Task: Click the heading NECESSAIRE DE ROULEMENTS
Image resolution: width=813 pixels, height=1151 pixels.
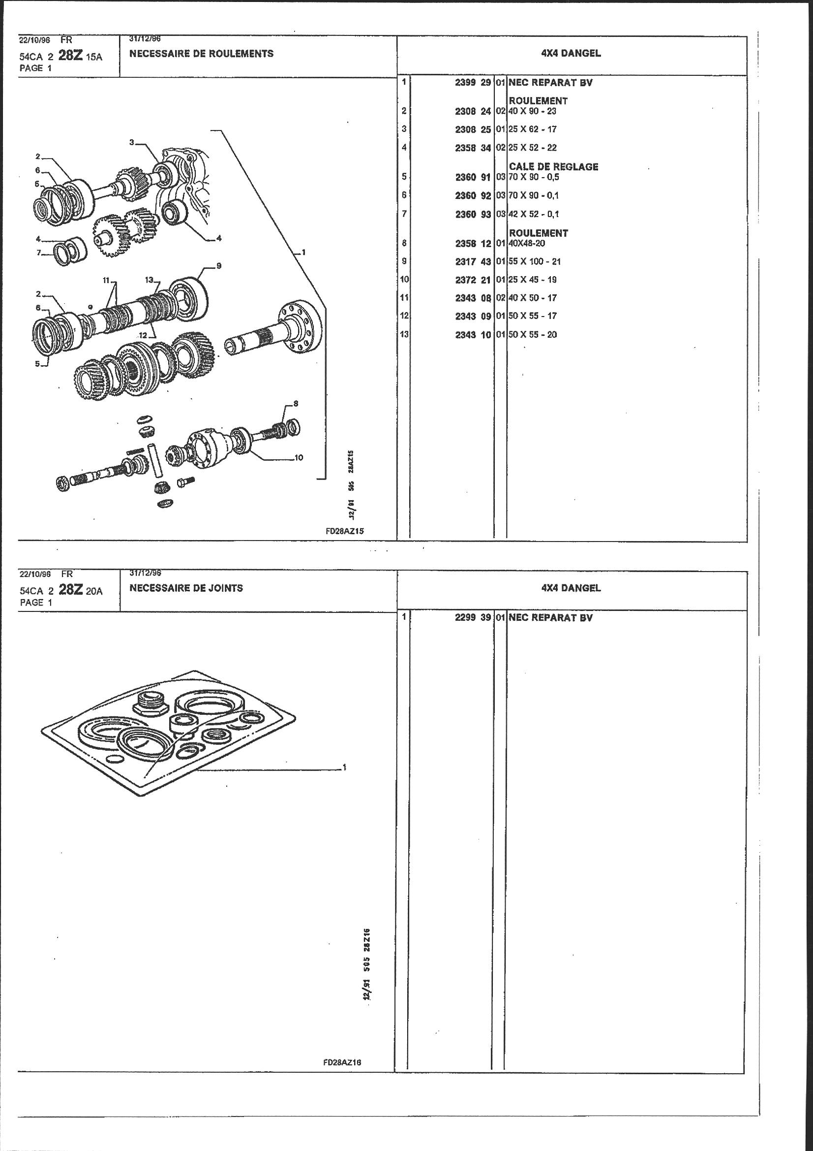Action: [x=201, y=54]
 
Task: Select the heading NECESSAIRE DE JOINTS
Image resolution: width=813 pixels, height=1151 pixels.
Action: [x=186, y=588]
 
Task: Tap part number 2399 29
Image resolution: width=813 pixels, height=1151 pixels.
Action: [x=472, y=83]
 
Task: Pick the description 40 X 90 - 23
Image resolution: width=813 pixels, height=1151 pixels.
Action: [x=533, y=111]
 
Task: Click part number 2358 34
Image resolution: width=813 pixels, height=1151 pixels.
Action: [x=472, y=148]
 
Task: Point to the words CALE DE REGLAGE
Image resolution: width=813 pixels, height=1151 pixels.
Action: [x=553, y=167]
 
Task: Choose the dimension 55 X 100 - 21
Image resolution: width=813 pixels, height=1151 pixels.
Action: [x=535, y=262]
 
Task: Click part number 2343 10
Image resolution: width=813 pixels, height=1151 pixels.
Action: [x=472, y=335]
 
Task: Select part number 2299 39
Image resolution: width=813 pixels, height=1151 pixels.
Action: [x=472, y=618]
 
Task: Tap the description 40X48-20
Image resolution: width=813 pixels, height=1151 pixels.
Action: [x=527, y=243]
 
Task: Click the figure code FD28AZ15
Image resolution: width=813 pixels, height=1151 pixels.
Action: [x=344, y=532]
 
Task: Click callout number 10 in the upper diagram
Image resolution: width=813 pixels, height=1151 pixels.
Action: [x=299, y=457]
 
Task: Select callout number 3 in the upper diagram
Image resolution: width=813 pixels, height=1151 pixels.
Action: [x=132, y=142]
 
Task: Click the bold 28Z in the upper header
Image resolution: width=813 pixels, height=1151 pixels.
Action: [x=70, y=56]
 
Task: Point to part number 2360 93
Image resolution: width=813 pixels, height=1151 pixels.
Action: [x=472, y=215]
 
